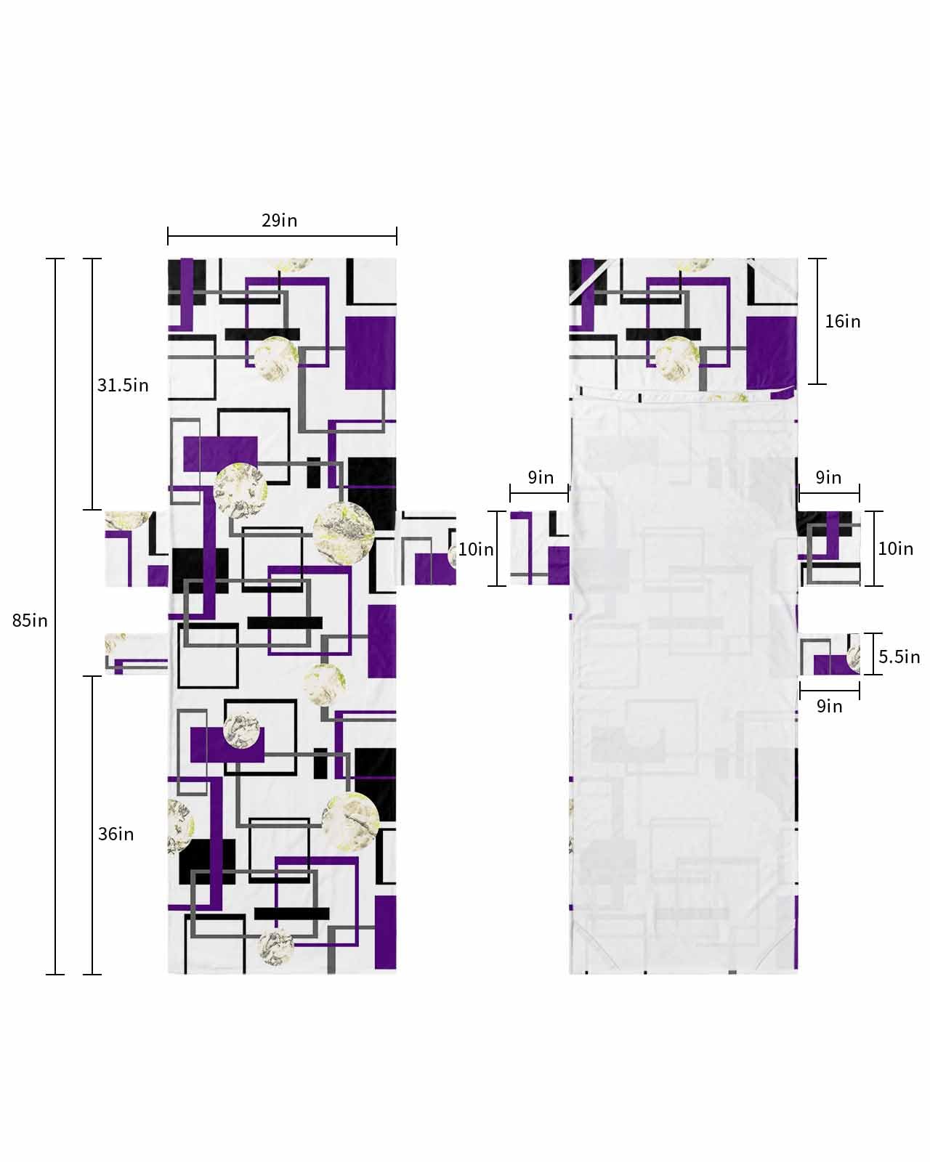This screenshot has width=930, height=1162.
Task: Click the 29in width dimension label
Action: coord(280,220)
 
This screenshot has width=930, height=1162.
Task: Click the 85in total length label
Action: coord(30,620)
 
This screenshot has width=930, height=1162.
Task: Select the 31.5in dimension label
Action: coord(123,385)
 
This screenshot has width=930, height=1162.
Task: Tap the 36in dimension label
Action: coord(116,834)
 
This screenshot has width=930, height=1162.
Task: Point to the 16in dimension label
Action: coord(842,321)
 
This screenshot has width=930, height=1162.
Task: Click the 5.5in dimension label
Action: coord(899,657)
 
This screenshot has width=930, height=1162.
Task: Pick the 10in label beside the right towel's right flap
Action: coord(895,548)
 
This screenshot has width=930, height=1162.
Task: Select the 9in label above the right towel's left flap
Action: coord(541,477)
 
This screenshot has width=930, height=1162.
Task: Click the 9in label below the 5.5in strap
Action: coord(829,706)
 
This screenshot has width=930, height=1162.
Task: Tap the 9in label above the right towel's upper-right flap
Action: coord(828,477)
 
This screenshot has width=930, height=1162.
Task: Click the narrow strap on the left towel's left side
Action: coord(136,653)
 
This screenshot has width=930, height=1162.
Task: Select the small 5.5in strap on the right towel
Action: coord(830,654)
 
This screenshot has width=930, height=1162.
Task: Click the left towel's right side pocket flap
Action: coord(427,550)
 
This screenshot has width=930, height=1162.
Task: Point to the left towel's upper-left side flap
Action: coord(136,548)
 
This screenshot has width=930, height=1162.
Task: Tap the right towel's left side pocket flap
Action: coord(539,548)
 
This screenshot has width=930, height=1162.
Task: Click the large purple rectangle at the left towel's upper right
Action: coord(370,353)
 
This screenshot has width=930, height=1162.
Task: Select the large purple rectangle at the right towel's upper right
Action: coord(771,353)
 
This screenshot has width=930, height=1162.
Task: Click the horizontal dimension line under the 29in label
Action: coord(282,235)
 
